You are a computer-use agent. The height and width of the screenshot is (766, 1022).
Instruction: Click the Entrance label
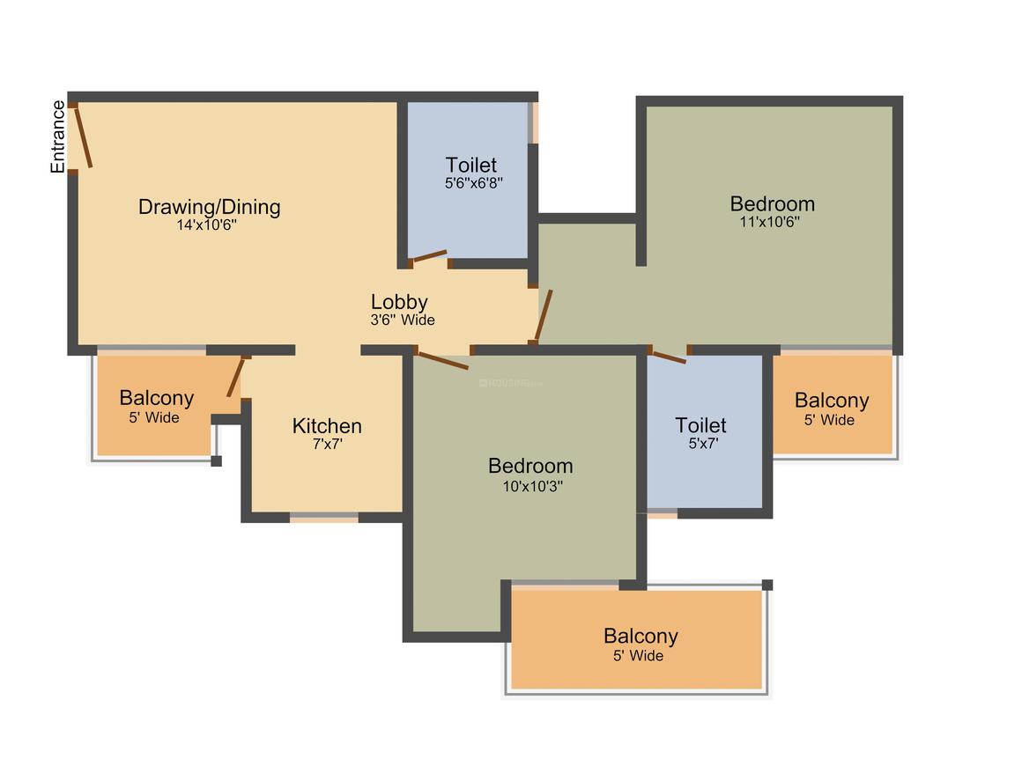58,136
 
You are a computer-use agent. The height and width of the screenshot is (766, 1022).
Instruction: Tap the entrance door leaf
84,138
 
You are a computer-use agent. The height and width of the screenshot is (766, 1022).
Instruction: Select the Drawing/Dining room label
209,207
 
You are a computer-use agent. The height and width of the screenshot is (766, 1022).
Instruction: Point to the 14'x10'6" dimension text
207,225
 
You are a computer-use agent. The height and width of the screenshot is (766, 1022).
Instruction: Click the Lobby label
399,302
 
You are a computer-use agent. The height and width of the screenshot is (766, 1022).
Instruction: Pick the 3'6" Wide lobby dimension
402,320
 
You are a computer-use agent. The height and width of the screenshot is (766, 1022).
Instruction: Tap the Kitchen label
327,426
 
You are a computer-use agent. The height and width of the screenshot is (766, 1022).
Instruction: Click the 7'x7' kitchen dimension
327,445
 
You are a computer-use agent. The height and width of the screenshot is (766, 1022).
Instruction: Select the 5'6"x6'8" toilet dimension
473,183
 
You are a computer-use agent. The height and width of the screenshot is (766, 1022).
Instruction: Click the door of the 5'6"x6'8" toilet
430,256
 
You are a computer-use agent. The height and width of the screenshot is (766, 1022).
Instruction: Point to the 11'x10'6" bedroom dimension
769,222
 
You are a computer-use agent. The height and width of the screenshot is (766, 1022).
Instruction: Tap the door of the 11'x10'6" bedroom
543,316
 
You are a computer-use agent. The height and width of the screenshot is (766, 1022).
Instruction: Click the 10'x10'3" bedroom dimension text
532,486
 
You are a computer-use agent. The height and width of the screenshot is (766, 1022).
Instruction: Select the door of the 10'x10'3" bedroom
443,360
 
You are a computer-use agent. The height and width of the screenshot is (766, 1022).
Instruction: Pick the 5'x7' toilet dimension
703,444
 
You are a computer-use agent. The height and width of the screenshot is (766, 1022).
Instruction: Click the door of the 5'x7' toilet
670,357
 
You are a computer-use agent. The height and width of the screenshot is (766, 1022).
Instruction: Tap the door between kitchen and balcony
235,377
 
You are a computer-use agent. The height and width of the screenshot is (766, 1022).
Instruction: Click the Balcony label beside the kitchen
157,397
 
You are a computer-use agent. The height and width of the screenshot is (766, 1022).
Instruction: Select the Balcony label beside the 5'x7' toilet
832,400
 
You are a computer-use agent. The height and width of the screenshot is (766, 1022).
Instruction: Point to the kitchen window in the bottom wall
324,518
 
